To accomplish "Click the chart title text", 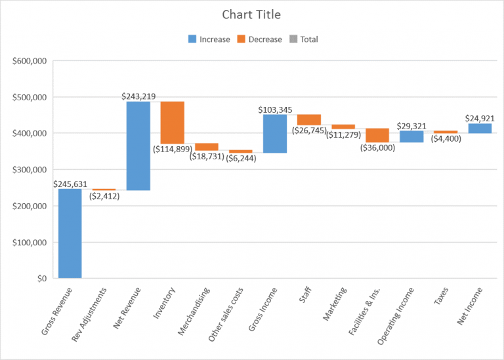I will [x=252, y=14].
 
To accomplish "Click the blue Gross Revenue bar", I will [x=70, y=233].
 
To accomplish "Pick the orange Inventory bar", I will [x=173, y=123].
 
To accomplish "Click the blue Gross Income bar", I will [x=275, y=134].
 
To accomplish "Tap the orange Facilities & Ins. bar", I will [x=377, y=135].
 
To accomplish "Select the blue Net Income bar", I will [x=480, y=129].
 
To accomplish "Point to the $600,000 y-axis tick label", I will [x=29, y=61].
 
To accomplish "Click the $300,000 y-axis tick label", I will [x=29, y=170].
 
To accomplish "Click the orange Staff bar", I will [x=309, y=119].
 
